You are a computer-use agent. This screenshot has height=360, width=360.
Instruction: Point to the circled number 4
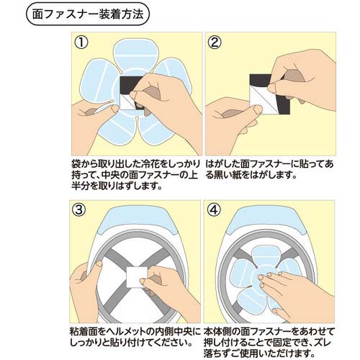tap(216, 212)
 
